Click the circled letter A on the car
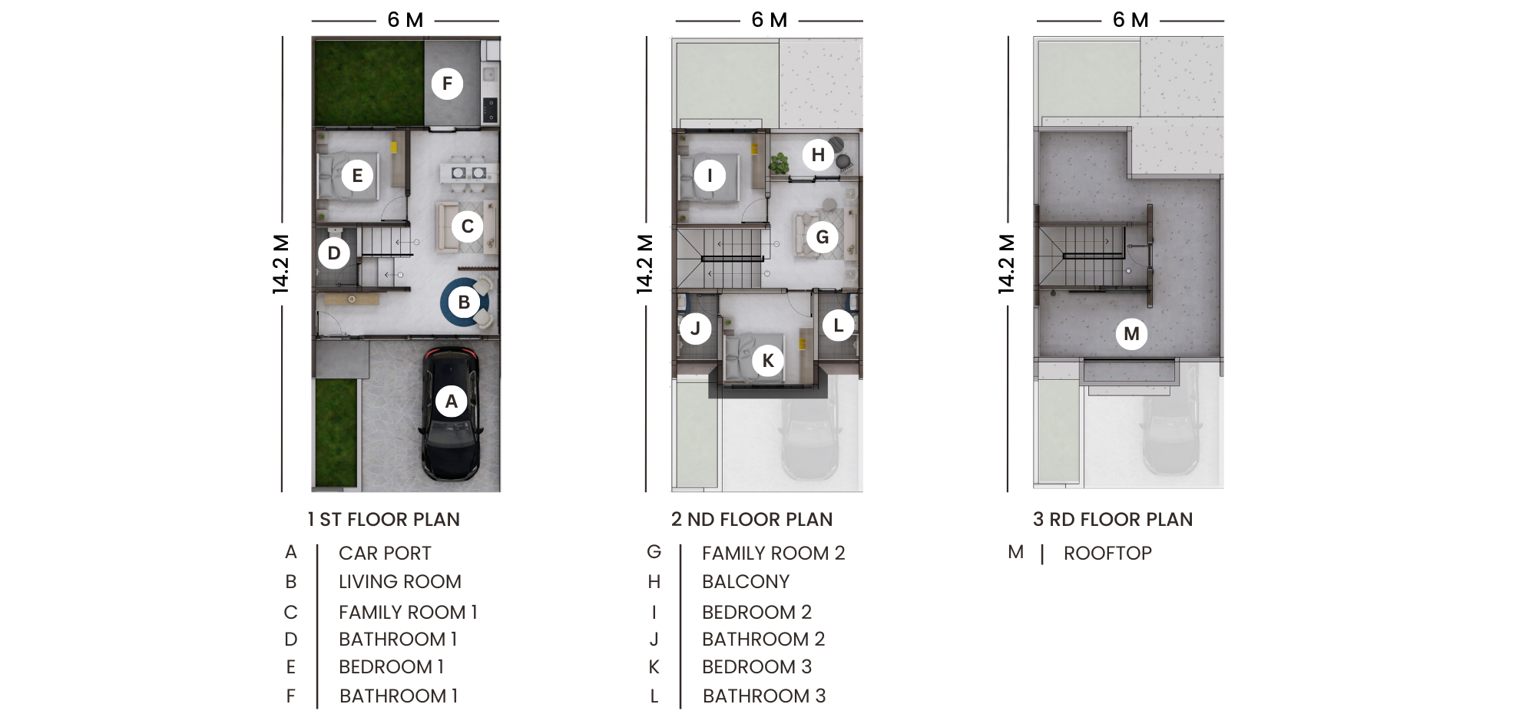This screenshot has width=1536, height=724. coord(452,401)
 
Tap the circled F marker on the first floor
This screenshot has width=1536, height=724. coord(447,84)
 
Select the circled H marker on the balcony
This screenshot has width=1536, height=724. coord(818,155)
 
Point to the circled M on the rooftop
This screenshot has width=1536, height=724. coord(1131,334)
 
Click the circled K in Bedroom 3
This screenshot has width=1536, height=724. coord(768,360)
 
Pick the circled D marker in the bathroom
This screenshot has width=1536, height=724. coord(334,253)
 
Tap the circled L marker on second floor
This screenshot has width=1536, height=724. coord(838,326)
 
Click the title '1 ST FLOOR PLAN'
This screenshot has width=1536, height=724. coord(383,520)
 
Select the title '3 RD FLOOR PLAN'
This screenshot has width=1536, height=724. coord(1112,520)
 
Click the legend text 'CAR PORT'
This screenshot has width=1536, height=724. coord(385,554)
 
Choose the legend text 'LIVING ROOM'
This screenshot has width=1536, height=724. coord(399,582)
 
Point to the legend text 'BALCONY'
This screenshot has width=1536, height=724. coord(745,582)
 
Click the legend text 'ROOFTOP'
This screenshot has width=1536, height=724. coord(1107,554)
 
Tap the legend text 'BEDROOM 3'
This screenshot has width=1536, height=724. coord(756,667)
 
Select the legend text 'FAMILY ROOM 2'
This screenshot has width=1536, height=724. coord(773,554)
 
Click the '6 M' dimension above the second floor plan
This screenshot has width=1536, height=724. coord(769,20)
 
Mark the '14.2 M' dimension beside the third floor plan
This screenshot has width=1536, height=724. coord(1006,264)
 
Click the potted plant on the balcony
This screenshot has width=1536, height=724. coord(780,163)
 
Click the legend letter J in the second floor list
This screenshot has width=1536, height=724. coord(654,640)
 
